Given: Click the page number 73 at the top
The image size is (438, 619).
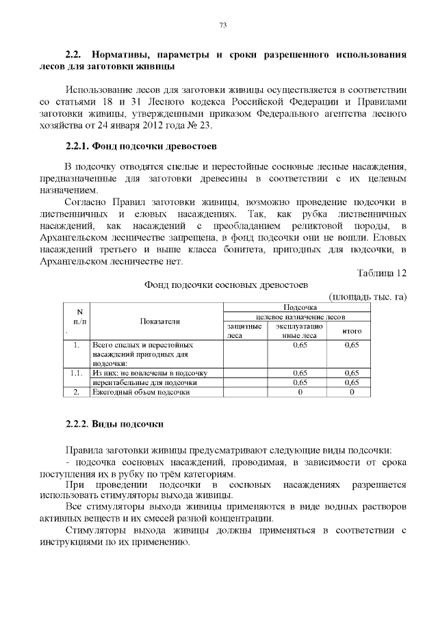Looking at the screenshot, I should (x=222, y=25).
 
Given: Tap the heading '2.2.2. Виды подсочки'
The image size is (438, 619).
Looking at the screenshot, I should (x=114, y=424).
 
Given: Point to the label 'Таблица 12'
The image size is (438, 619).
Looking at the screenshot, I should (x=383, y=273).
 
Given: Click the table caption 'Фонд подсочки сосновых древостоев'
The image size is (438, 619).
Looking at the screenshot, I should (x=225, y=284).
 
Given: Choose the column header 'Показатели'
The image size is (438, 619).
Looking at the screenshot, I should (x=160, y=321).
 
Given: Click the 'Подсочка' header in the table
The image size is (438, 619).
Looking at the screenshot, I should (x=298, y=308).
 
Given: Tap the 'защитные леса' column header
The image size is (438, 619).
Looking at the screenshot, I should (x=244, y=331).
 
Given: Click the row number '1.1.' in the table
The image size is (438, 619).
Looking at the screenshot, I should (x=77, y=373).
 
